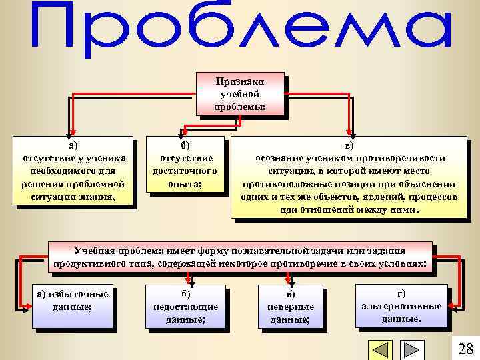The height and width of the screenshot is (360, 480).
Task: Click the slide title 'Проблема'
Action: [240, 30]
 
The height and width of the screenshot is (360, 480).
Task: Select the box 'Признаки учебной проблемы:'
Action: [241, 94]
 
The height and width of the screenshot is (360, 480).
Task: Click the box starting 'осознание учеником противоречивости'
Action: [349, 177]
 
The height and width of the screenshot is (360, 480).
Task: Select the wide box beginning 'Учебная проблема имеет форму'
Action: [241, 257]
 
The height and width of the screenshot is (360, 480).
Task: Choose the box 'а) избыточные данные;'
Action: [72, 307]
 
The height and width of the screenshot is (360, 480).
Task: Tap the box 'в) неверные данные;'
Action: [290, 307]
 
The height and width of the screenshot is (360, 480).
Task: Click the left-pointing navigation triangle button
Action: [381, 350]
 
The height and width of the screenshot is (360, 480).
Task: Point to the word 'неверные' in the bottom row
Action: [290, 307]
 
